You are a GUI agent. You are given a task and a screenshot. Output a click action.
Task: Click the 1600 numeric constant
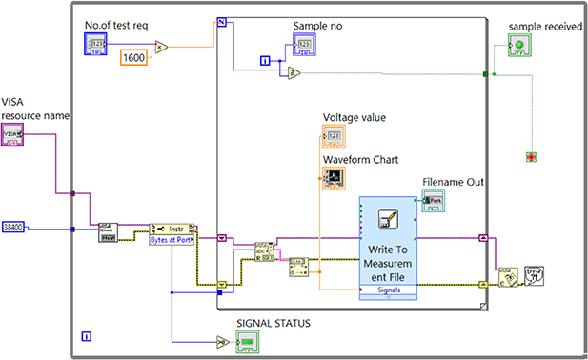point(135,58)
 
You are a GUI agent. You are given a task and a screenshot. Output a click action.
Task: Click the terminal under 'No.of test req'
point(100,44)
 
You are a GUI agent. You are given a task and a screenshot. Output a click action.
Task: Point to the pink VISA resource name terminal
point(14,135)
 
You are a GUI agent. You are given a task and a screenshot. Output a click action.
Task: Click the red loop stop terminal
point(529,155)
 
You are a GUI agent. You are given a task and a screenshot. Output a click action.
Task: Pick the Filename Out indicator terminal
point(434,201)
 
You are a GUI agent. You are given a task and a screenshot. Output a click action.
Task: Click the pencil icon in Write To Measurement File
point(386,218)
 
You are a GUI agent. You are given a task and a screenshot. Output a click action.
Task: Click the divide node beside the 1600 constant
point(161,46)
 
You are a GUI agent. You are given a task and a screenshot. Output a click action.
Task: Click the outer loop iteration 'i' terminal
point(87,336)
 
